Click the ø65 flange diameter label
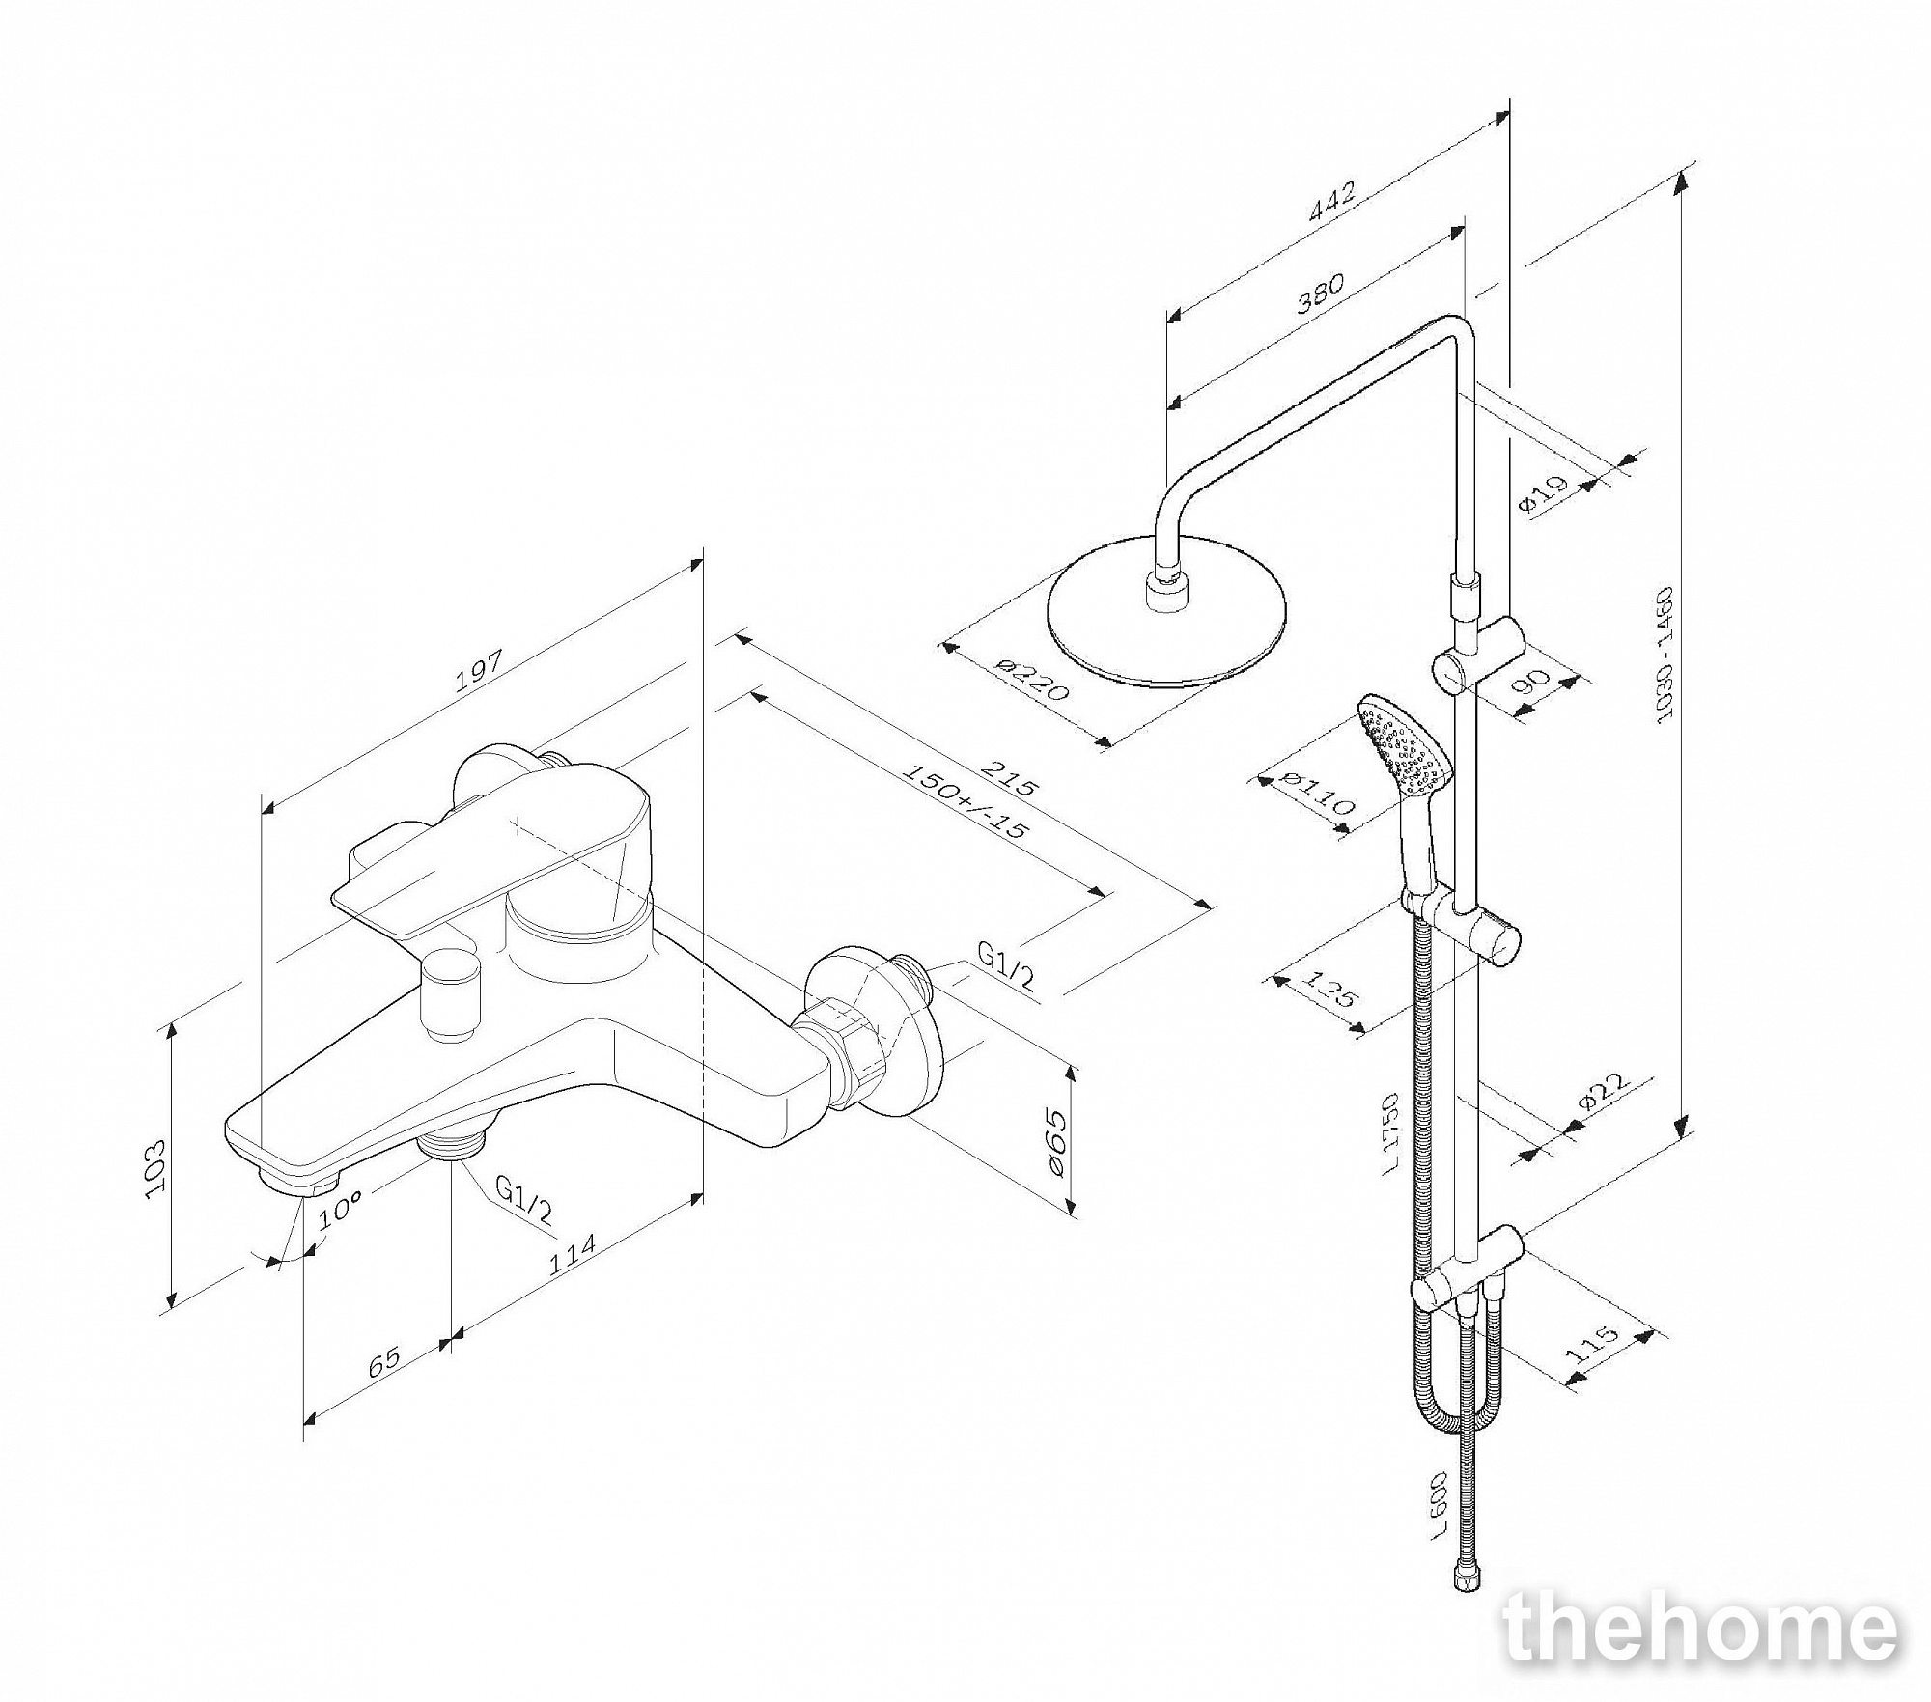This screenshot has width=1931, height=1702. [1054, 1144]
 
